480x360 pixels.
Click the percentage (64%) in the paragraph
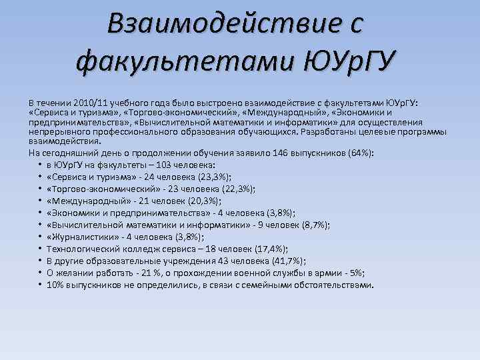pyautogui.click(x=360, y=153)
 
